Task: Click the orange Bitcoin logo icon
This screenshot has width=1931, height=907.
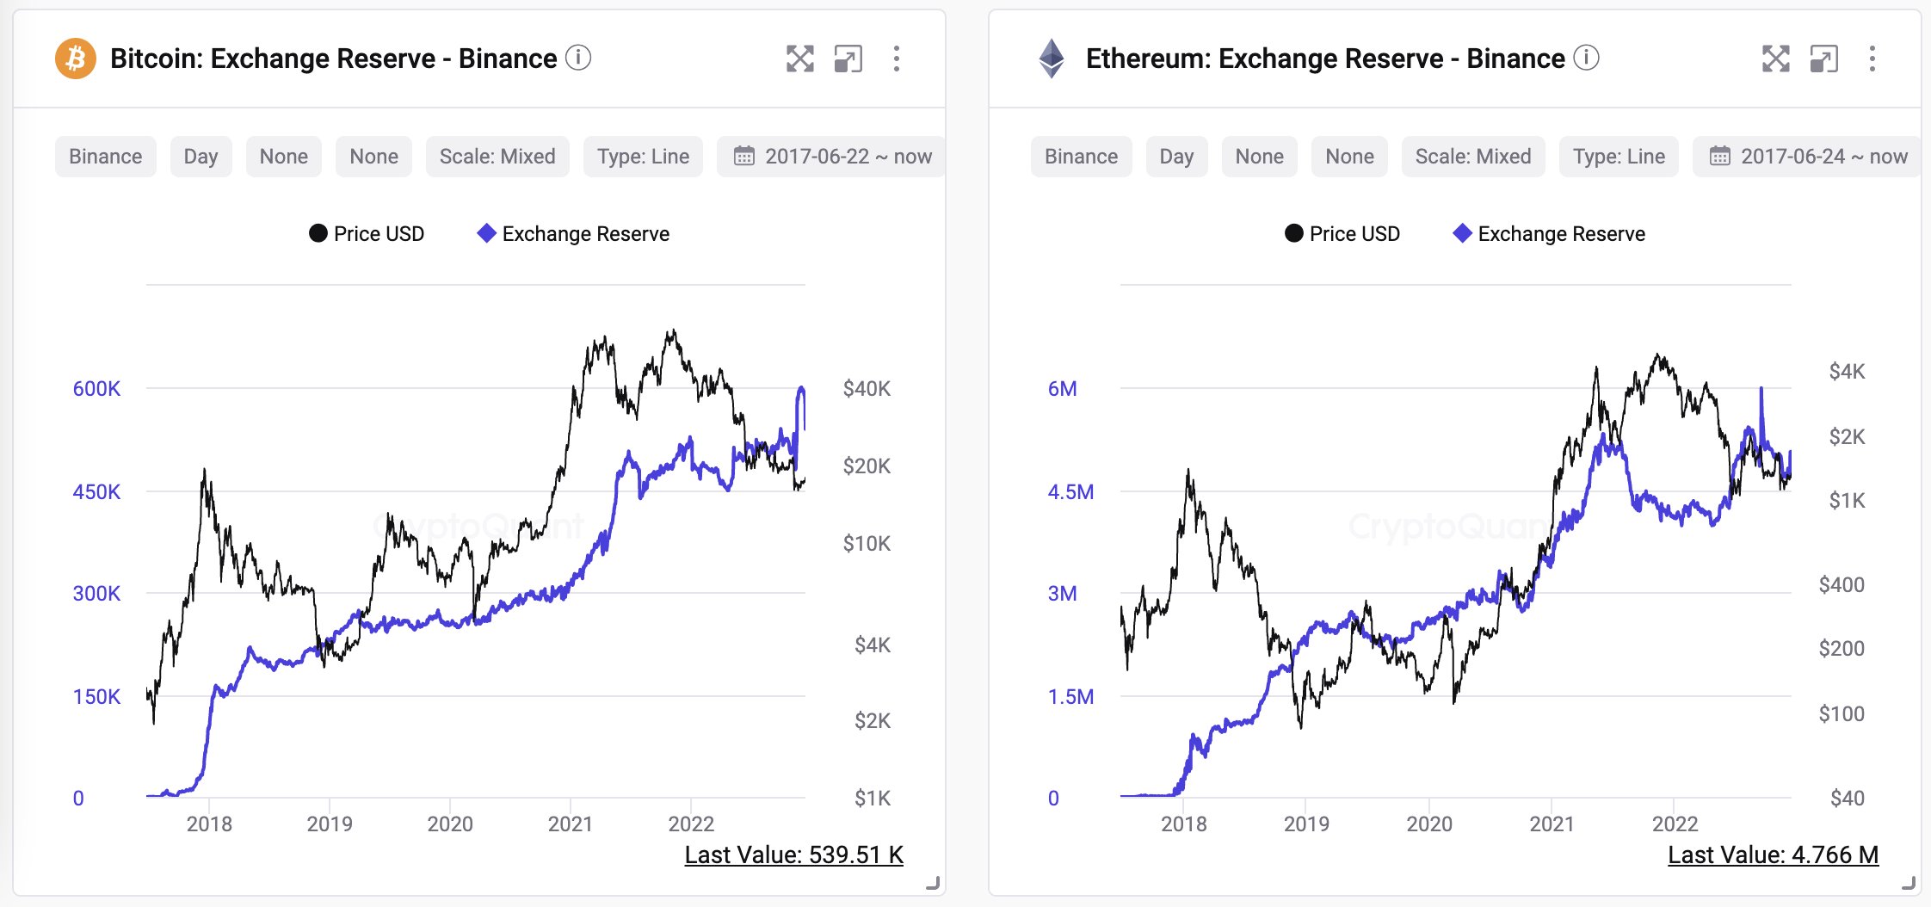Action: [x=76, y=59]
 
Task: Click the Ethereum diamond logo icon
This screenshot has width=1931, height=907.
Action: [x=1052, y=59]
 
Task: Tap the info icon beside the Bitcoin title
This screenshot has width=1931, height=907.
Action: [x=578, y=58]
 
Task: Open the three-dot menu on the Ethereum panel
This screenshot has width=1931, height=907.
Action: [x=1872, y=59]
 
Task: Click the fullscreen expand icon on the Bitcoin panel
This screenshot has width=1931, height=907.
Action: [x=799, y=59]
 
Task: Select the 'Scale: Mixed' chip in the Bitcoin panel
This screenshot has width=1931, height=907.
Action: [x=497, y=157]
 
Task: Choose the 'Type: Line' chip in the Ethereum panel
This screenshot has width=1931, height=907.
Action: [x=1619, y=157]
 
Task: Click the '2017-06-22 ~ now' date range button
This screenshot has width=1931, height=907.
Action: [x=832, y=157]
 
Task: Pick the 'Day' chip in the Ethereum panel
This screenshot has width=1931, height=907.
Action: [x=1176, y=157]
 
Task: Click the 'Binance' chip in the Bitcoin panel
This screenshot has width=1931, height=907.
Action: [x=106, y=157]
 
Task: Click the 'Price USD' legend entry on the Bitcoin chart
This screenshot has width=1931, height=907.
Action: [x=367, y=234]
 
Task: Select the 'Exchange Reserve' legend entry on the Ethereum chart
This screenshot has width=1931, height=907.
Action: [x=1550, y=234]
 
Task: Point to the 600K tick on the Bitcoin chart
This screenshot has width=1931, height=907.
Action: [x=96, y=389]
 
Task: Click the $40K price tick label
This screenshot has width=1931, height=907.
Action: [x=867, y=389]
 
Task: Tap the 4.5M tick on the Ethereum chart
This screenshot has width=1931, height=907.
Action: [x=1070, y=492]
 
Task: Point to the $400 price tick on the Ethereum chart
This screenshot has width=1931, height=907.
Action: [x=1842, y=585]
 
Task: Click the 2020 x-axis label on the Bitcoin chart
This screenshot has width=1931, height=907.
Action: [x=450, y=824]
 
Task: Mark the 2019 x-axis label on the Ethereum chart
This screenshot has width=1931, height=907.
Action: [x=1306, y=824]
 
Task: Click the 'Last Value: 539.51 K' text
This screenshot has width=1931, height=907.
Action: [x=793, y=855]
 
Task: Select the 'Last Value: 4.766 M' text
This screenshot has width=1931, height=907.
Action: [x=1773, y=855]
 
